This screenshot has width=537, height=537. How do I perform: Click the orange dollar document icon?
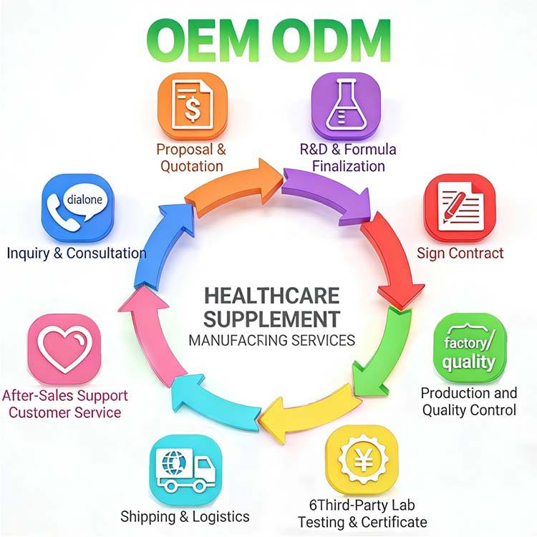tap(191, 107)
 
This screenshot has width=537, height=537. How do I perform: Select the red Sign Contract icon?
tap(459, 208)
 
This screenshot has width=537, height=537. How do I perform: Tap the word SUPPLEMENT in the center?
tap(271, 317)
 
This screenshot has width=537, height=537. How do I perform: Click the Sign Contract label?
tap(460, 253)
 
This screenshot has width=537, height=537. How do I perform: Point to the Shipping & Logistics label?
tap(185, 516)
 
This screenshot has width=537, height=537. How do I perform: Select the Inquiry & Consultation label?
tap(77, 253)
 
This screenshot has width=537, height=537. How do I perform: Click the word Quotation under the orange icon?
tap(191, 166)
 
